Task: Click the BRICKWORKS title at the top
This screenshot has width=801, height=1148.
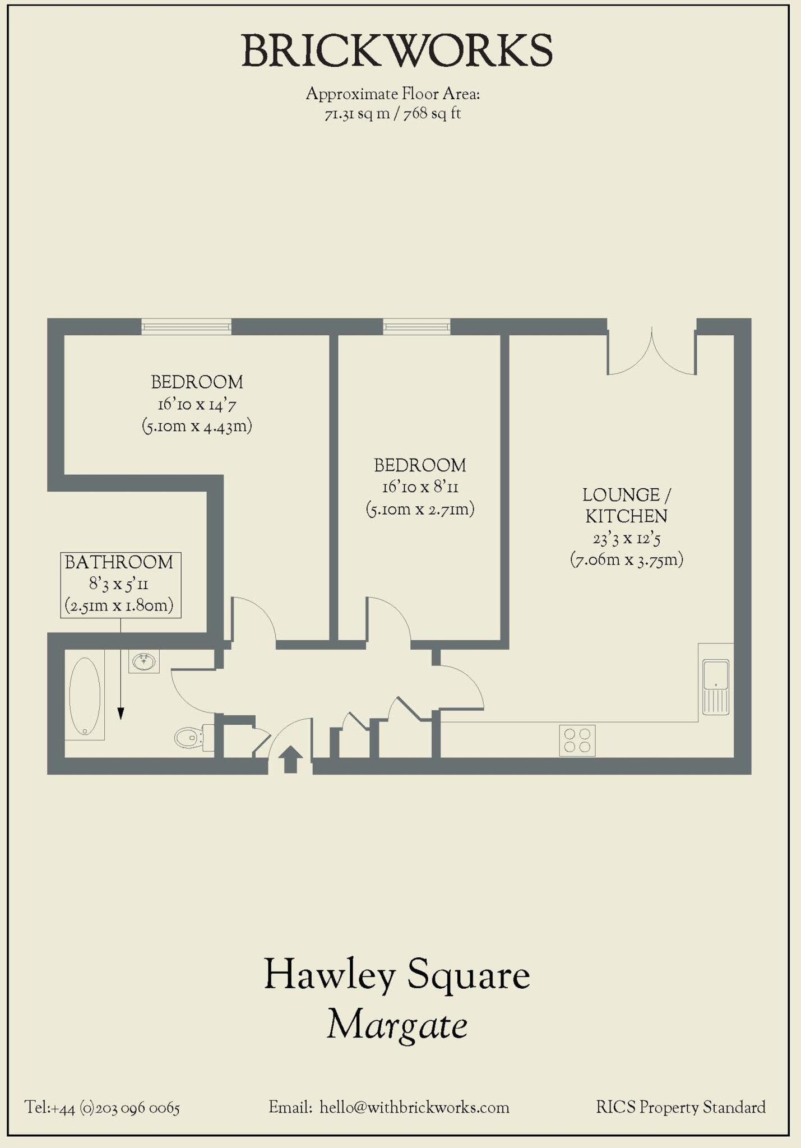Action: (x=397, y=51)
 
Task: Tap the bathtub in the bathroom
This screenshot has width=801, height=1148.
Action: (x=85, y=696)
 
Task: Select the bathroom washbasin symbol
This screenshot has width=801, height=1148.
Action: (x=144, y=661)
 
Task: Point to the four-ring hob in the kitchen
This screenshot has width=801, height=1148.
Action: (x=577, y=740)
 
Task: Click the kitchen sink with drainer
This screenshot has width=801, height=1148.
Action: (x=716, y=687)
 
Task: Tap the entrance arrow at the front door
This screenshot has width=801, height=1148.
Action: (x=290, y=759)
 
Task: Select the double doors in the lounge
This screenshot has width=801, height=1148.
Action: (x=652, y=353)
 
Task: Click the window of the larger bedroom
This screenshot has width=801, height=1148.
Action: (x=186, y=326)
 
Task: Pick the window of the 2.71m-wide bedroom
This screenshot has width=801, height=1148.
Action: (x=416, y=326)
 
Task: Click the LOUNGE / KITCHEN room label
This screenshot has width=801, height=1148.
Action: (x=626, y=506)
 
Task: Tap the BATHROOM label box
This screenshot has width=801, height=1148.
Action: (x=121, y=585)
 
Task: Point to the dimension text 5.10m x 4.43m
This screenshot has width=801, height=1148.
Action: (x=197, y=427)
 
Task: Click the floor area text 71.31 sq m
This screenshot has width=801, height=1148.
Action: (x=357, y=114)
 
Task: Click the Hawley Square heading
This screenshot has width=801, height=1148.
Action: (x=397, y=975)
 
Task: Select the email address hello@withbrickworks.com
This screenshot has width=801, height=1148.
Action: (x=414, y=1108)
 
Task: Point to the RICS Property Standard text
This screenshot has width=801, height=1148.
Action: (x=680, y=1108)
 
